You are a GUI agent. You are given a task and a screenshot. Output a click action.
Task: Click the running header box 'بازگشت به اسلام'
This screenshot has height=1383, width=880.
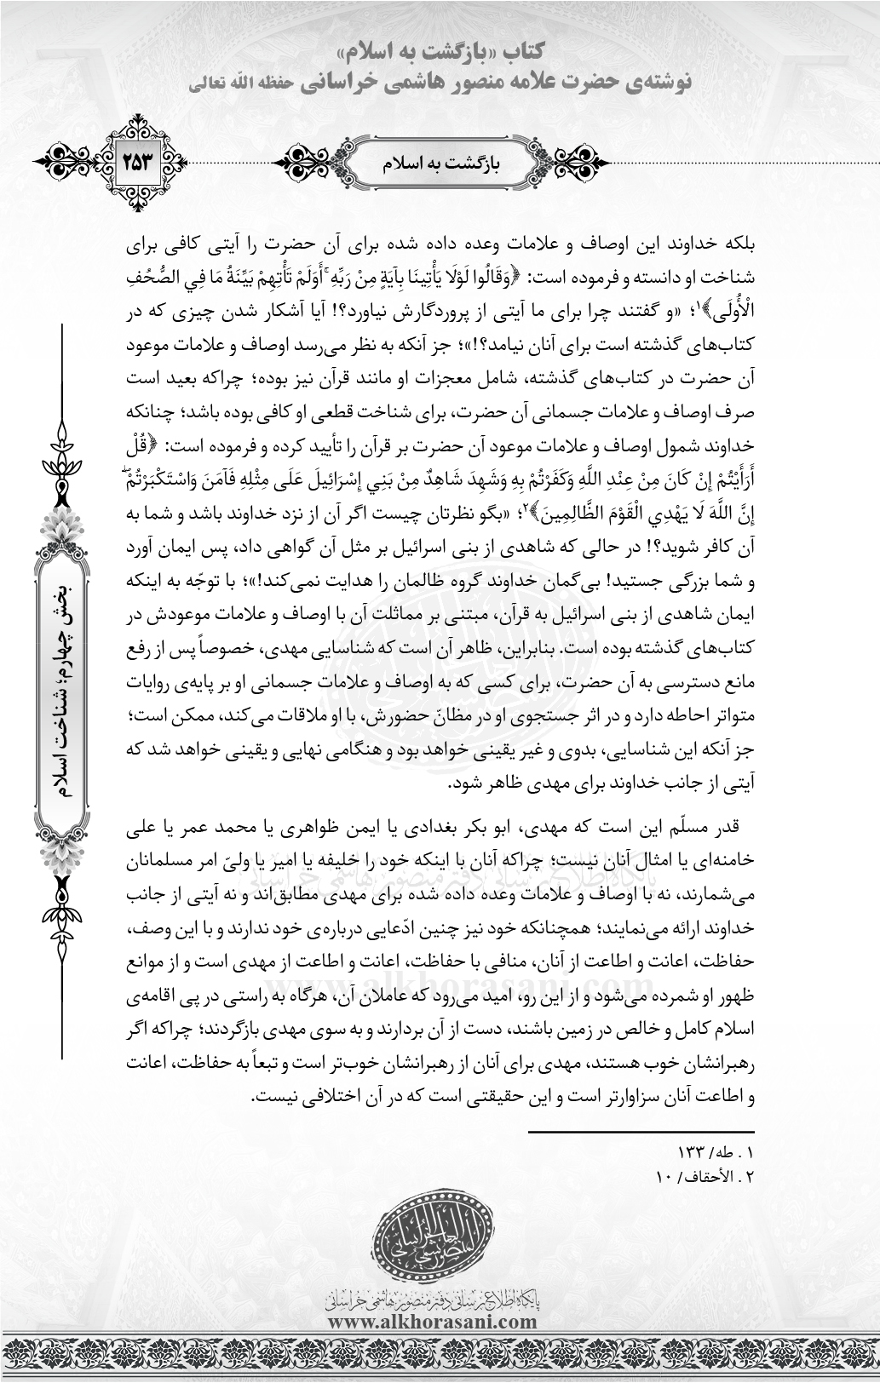click(x=440, y=162)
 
